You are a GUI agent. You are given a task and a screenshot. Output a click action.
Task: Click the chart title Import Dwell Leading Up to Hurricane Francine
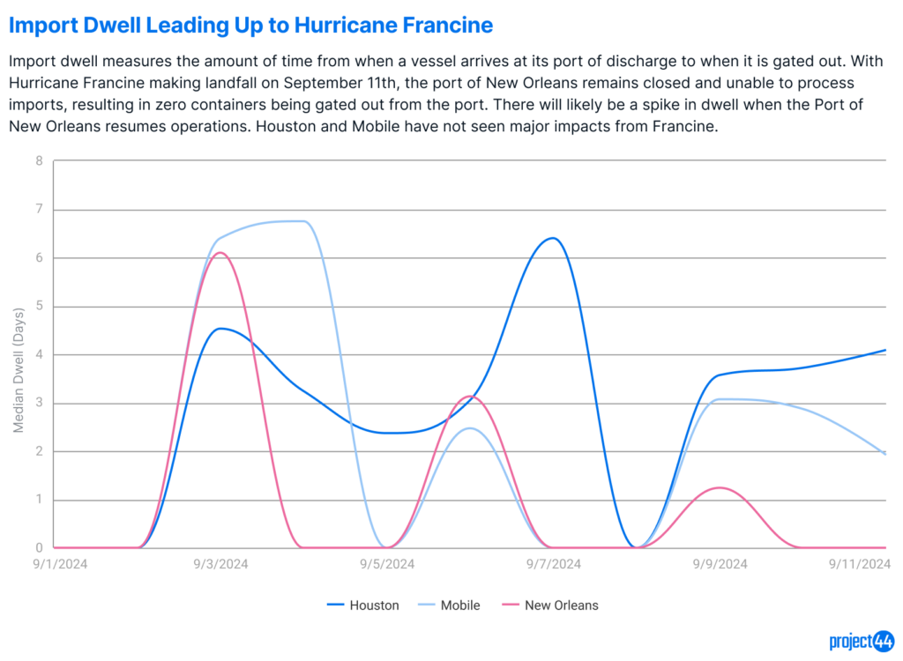click(x=250, y=26)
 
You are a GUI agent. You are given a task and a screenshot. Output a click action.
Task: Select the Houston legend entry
click(x=362, y=605)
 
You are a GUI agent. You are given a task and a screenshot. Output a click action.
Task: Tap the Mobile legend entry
click(x=449, y=605)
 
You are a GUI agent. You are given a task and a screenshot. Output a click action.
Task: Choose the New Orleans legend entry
click(x=550, y=605)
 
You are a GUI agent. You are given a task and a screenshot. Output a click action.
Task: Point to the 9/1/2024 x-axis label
click(x=60, y=564)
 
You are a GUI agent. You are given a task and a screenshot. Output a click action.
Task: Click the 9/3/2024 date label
click(x=220, y=564)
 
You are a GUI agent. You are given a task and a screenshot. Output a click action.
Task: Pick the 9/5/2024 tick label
click(x=387, y=564)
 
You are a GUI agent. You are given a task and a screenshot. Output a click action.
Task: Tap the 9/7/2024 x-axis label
click(x=554, y=564)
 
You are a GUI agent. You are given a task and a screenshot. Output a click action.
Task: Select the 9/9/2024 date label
click(x=720, y=564)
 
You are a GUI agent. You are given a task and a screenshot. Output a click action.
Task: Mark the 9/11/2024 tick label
click(x=860, y=564)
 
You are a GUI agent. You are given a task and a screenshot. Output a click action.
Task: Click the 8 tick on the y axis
click(x=39, y=161)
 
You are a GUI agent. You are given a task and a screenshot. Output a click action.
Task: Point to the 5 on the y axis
click(x=39, y=306)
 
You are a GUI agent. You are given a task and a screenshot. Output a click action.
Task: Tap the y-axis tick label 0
click(x=39, y=547)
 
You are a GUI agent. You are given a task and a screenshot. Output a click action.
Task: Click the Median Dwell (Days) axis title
click(x=19, y=370)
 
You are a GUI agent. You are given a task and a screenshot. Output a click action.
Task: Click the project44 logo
click(x=862, y=641)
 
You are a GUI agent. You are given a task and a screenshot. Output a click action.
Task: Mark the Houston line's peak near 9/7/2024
click(x=553, y=238)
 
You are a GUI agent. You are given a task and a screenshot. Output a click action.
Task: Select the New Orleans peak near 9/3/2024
click(x=220, y=253)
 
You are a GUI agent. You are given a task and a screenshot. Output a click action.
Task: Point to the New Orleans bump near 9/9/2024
click(x=720, y=487)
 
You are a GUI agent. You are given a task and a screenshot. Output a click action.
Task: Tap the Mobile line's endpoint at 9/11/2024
click(x=885, y=454)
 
